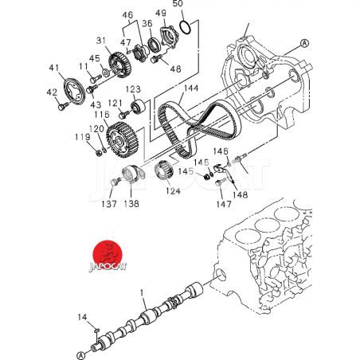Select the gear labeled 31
[119, 65]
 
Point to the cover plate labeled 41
[75, 91]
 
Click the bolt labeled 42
[62, 107]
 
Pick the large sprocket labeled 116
[121, 139]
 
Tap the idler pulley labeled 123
[139, 107]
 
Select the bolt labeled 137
[115, 182]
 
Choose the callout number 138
[131, 204]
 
